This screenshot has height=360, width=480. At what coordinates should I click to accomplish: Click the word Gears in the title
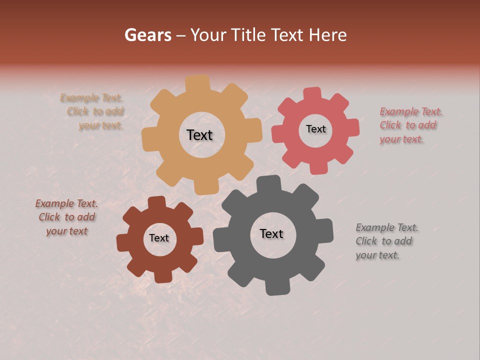point(147,35)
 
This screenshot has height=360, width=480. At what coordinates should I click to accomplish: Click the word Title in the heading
point(248,35)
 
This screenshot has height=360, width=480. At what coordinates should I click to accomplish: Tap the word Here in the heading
point(327,35)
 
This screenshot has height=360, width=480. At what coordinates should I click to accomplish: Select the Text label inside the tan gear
point(199,135)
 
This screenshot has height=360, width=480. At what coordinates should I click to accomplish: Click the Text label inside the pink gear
point(315,129)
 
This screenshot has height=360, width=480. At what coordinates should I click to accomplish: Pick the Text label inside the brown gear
point(159,238)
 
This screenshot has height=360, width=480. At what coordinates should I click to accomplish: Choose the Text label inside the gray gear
point(271,233)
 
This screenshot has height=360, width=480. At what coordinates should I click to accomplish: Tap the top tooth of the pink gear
point(312,94)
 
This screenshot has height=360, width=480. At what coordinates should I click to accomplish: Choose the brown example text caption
point(66,217)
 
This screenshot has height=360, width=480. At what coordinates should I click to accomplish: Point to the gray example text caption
point(386,241)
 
